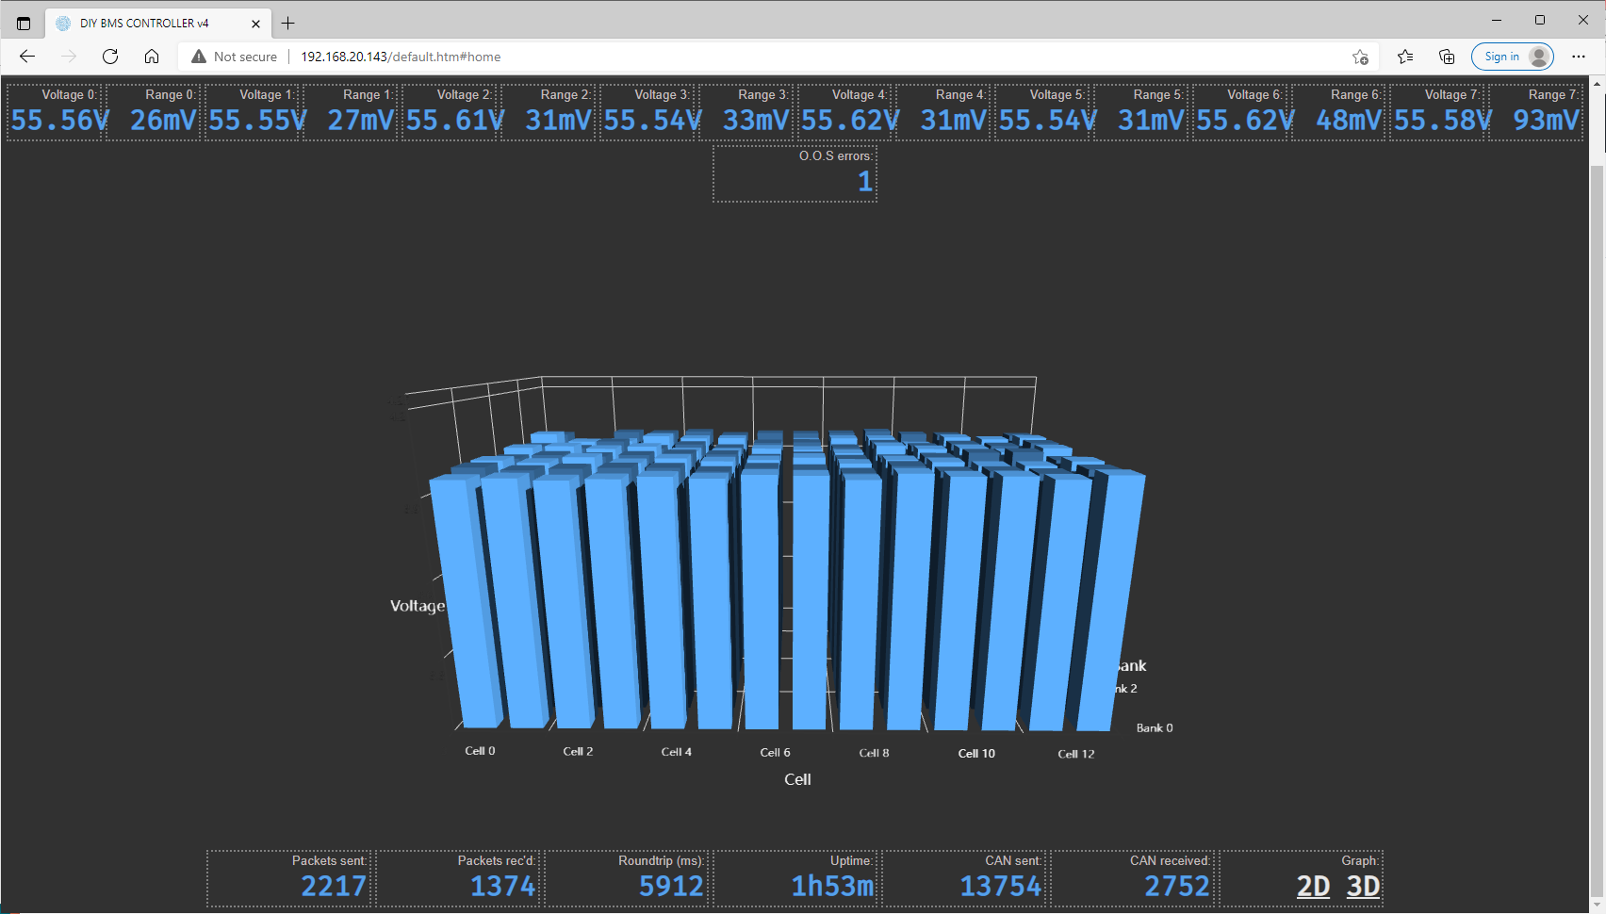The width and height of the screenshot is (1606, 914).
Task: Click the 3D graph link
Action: [x=1363, y=886]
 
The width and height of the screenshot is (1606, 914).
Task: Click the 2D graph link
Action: [x=1313, y=886]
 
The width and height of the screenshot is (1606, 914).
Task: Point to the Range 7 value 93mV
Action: [x=1546, y=121]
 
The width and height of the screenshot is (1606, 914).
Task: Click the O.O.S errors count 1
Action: [x=864, y=181]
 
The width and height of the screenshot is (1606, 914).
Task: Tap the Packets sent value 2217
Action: [x=333, y=886]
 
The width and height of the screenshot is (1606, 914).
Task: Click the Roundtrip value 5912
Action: [x=670, y=886]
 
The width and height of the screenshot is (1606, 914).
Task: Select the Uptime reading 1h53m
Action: [x=832, y=886]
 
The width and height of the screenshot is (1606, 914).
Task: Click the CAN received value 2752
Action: [x=1176, y=886]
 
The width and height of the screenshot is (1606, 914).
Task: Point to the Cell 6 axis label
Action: [x=775, y=752]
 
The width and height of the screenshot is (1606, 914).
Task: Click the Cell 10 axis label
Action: [x=976, y=753]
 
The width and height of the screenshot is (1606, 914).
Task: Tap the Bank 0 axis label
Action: [x=1155, y=727]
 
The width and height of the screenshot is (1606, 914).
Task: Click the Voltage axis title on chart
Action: [x=418, y=606]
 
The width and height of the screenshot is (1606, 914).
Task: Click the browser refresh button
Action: [x=110, y=57]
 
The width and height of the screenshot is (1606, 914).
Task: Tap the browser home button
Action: [x=152, y=57]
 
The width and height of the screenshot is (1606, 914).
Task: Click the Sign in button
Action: [x=1512, y=57]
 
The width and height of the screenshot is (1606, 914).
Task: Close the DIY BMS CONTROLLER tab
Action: [x=255, y=24]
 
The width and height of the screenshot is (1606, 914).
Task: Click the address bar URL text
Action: [x=401, y=57]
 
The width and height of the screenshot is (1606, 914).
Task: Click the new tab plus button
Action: [x=288, y=24]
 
